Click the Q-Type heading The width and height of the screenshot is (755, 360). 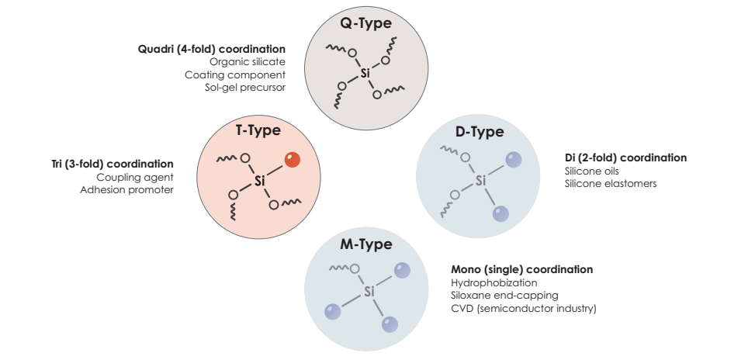coord(366,22)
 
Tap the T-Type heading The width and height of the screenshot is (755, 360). coord(258,130)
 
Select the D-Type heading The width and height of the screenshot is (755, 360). coord(479,131)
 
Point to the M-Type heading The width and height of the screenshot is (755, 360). coord(366,244)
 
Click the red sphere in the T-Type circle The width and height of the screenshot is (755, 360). coord(293,159)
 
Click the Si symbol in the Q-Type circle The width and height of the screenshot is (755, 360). coord(365,74)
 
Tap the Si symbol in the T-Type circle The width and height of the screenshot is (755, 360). coord(260,182)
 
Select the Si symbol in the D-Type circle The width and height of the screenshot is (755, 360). coord(480,181)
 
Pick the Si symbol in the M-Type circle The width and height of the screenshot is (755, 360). coord(369,291)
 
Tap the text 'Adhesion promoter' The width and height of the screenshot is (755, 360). coord(126,189)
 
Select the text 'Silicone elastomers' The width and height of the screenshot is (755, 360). coord(611,183)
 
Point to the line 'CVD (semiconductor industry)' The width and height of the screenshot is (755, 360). coord(524,308)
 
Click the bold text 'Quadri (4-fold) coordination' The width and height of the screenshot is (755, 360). coord(212,49)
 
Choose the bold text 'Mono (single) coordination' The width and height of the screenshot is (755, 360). coord(522,269)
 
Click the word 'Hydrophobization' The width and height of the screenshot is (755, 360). coord(494,282)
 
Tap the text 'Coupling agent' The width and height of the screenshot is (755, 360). coord(135,177)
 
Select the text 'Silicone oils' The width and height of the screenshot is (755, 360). coord(592,171)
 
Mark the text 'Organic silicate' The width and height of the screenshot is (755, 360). coord(248,62)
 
